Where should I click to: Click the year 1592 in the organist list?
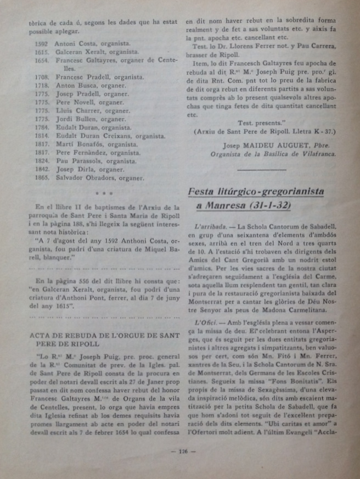(x=41, y=43)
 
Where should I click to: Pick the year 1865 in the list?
(x=41, y=178)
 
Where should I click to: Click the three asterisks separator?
(x=103, y=193)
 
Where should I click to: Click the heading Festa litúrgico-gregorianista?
(x=256, y=192)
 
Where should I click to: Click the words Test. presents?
(x=260, y=122)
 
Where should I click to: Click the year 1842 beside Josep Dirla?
(x=41, y=170)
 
